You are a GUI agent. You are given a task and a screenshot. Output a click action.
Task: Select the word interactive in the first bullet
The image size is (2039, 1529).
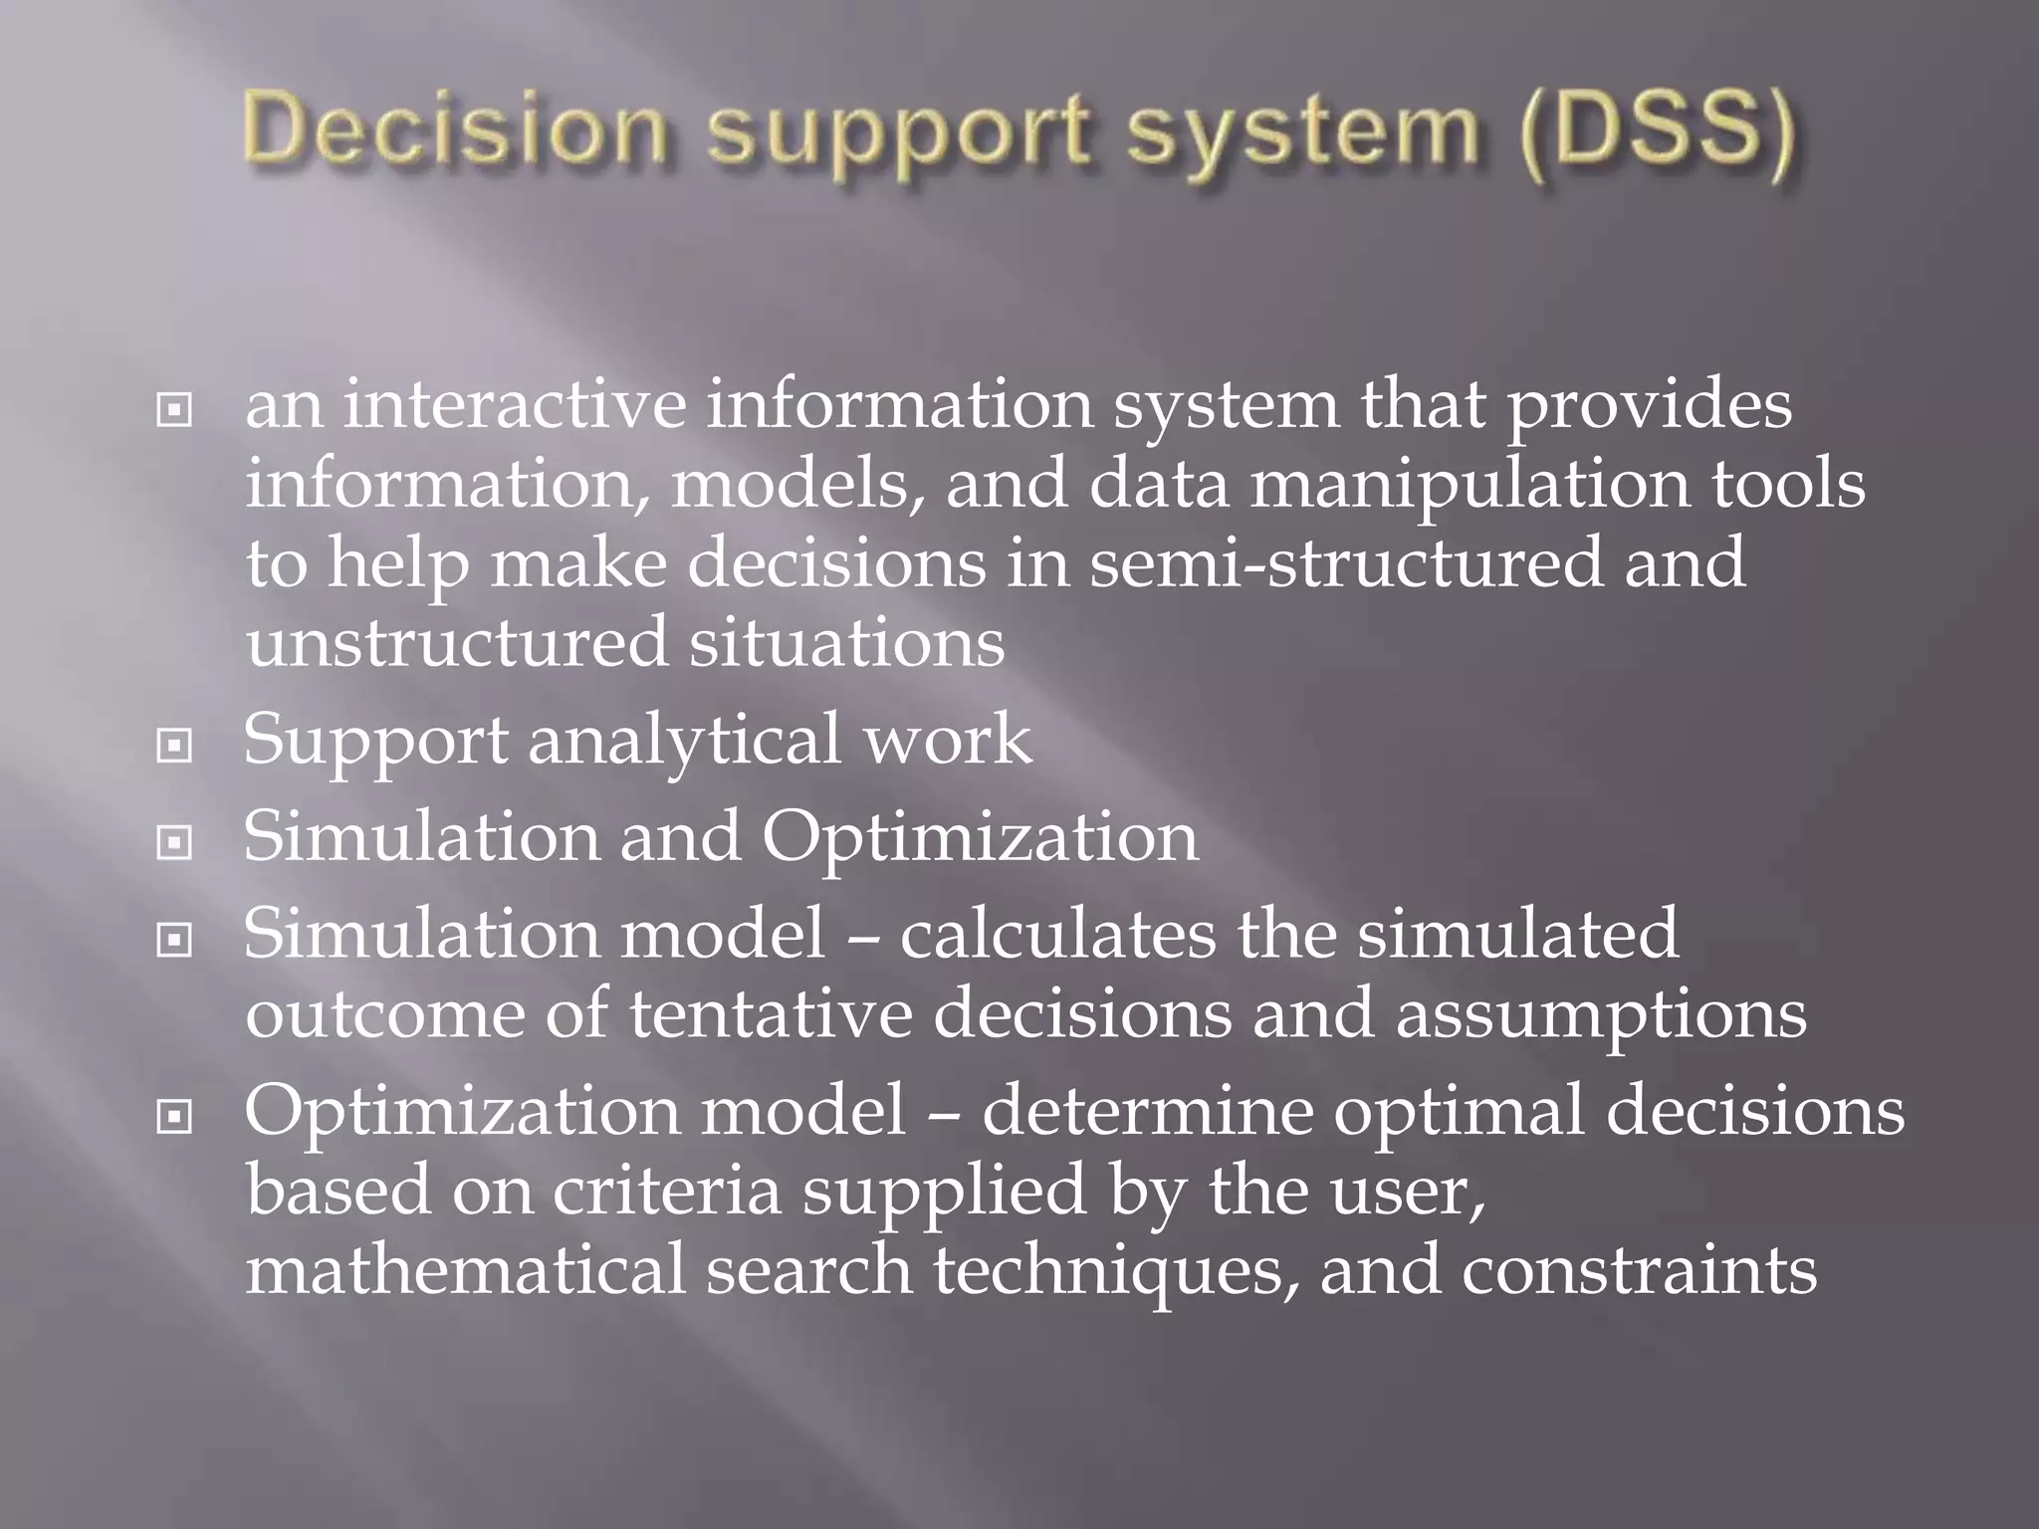pyautogui.click(x=514, y=405)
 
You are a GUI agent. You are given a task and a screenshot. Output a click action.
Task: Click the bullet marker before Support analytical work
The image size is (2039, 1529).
pyautogui.click(x=174, y=745)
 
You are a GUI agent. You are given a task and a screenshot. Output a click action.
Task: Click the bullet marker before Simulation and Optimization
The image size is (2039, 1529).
pyautogui.click(x=174, y=843)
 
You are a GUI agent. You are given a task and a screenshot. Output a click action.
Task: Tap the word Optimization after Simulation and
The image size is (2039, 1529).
pyautogui.click(x=980, y=839)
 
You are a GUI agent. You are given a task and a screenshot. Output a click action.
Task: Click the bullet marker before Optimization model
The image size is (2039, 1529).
pyautogui.click(x=174, y=1118)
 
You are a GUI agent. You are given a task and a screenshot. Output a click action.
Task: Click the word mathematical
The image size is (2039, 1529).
pyautogui.click(x=466, y=1271)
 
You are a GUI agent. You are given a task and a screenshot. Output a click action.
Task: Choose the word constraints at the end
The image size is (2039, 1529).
pyautogui.click(x=1639, y=1272)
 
